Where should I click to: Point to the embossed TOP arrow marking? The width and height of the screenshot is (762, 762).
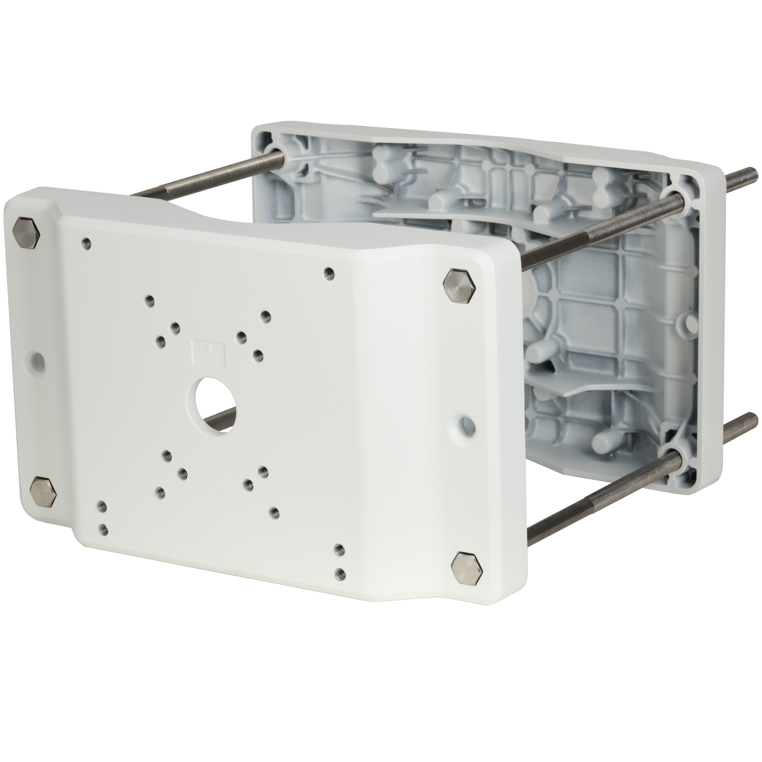pos(208,353)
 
